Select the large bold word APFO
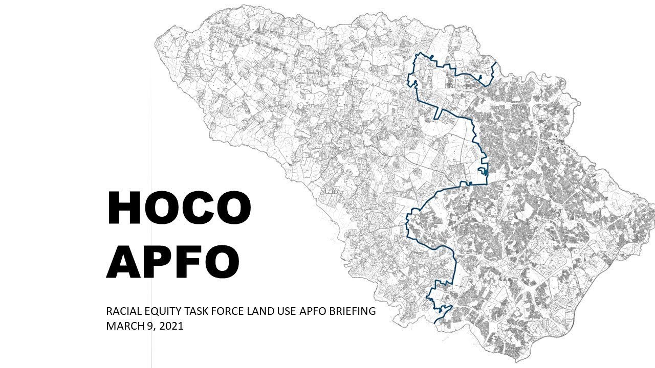pyautogui.click(x=173, y=261)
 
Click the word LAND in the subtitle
pyautogui.click(x=255, y=311)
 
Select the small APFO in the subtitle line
pyautogui.click(x=309, y=311)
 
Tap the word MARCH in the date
pyautogui.click(x=122, y=326)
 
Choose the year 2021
pyautogui.click(x=171, y=326)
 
